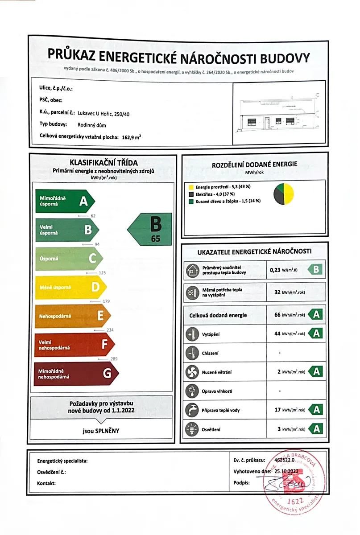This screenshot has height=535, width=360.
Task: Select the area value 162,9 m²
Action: click(131, 136)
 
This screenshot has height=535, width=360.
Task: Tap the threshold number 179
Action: click(106, 301)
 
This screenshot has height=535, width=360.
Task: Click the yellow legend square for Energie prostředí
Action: click(191, 186)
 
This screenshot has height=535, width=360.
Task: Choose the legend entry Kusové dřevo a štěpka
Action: click(228, 201)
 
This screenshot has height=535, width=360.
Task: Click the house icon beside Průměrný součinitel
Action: click(191, 270)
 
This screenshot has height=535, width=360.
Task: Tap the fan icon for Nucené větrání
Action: click(191, 371)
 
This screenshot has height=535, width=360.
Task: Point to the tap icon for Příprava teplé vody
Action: click(191, 410)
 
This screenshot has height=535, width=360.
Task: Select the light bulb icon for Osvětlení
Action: click(191, 429)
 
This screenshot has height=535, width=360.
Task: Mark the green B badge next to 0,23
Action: click(316, 269)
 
